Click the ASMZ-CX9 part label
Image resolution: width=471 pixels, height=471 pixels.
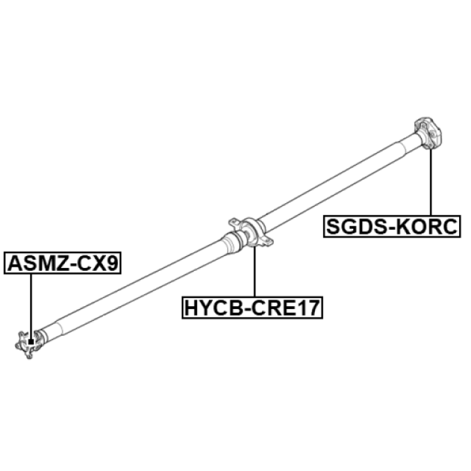point(62,263)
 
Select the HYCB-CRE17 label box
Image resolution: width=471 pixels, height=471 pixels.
point(253,307)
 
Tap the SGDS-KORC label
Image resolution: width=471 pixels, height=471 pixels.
point(392,227)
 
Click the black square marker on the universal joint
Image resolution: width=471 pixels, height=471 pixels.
point(31,342)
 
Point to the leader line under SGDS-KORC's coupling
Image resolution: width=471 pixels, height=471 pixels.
point(431,182)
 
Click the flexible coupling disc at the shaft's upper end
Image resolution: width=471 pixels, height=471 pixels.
point(428,133)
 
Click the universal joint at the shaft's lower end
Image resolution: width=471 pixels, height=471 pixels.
point(28,344)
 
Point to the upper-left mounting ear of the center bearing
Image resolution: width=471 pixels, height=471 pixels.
point(234,223)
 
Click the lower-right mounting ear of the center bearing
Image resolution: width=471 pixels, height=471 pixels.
point(267,241)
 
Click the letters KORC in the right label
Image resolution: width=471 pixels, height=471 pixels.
point(428,227)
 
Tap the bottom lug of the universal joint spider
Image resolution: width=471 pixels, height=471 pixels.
point(29,356)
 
